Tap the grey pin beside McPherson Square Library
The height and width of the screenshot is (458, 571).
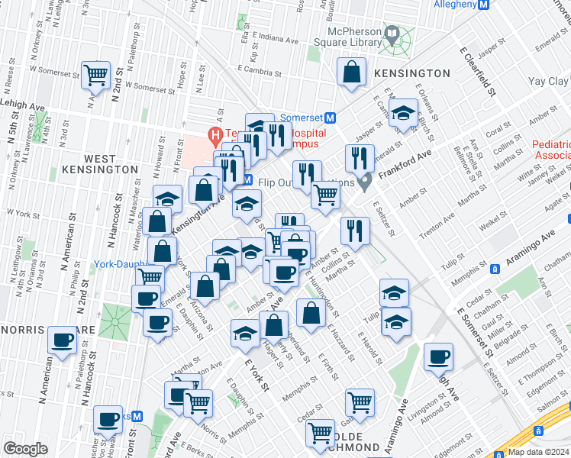[x=392, y=34]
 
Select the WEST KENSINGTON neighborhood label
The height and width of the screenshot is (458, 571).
[x=111, y=163]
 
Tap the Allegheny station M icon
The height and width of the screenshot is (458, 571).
[x=482, y=5]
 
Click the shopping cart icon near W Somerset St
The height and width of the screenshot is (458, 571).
[x=96, y=76]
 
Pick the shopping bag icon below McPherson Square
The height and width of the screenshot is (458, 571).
[x=351, y=73]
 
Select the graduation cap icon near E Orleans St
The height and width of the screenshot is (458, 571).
[x=402, y=114]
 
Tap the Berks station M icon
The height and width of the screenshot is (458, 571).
[x=137, y=418]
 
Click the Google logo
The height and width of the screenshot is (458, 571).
[x=25, y=448]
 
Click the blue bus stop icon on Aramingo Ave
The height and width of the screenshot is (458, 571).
[x=495, y=268]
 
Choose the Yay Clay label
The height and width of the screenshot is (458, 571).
[x=548, y=81]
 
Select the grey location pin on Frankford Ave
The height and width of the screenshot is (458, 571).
[x=366, y=181]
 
